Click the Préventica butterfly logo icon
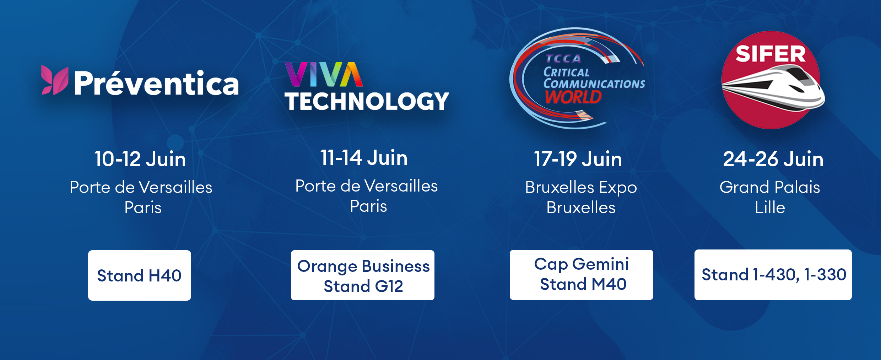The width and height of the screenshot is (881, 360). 55,80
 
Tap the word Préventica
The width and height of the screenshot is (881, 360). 156,83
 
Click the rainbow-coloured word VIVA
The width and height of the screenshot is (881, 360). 324,74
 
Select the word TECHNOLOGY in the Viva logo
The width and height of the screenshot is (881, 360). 367,101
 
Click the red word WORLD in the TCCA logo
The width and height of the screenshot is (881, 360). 573,97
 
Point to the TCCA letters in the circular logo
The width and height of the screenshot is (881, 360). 563,59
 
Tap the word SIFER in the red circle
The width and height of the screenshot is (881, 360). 771,54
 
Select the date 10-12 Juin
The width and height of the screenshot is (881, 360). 140,159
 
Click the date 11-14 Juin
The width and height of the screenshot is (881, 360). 364,157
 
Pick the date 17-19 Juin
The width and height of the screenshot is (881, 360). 578,159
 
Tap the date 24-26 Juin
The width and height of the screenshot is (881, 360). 773,159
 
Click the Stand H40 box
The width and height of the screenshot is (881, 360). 140,275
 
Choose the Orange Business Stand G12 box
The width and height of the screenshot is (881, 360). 363,275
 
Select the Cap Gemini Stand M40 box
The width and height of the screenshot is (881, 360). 582,275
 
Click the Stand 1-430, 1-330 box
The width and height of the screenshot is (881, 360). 773,275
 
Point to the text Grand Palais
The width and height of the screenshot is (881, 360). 770,187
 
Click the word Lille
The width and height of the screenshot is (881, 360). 770,207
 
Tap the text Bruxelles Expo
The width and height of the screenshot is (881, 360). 581,188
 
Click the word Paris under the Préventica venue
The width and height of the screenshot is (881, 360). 143,207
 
